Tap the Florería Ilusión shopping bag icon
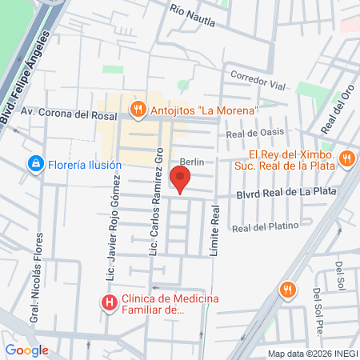pos(35,165)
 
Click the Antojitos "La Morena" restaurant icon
pos(138,109)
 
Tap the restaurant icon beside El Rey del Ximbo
pos(346,158)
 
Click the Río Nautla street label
pos(193,14)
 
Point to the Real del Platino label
pos(265,226)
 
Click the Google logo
pos(26,350)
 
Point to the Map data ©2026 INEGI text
pos(312,354)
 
